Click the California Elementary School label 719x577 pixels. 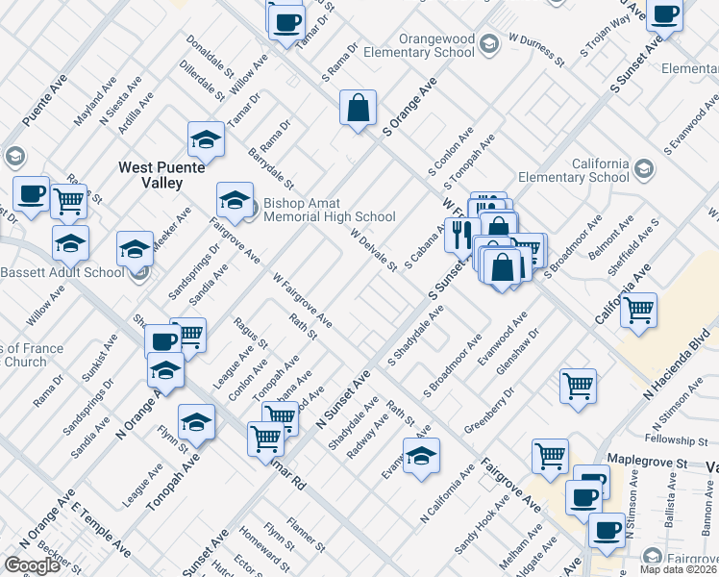[x=574, y=170]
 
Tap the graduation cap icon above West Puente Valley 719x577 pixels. [x=206, y=140]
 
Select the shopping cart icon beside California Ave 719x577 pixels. [x=638, y=311]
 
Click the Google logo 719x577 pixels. [x=32, y=564]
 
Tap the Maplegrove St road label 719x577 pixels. [x=655, y=464]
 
